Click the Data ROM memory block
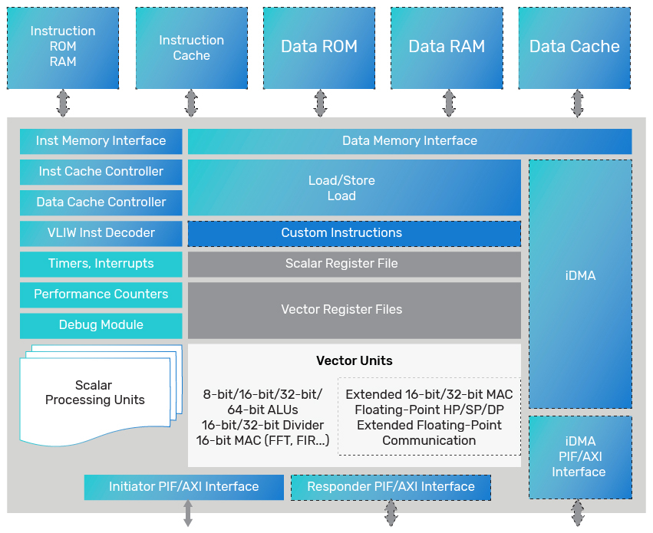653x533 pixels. [x=319, y=47]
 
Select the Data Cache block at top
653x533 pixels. [x=574, y=47]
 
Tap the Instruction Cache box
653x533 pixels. [x=191, y=48]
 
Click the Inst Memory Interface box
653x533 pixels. [x=101, y=141]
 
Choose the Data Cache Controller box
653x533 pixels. [x=101, y=202]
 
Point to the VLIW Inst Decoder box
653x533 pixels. [x=101, y=233]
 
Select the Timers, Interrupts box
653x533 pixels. [x=101, y=264]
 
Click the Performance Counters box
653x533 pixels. [x=101, y=294]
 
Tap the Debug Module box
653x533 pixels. [x=101, y=325]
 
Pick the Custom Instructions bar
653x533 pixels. [x=354, y=233]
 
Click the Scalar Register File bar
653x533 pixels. [x=354, y=264]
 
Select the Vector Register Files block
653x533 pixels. [x=354, y=310]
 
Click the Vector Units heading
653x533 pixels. [x=354, y=361]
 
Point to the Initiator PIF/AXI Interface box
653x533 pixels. [x=183, y=487]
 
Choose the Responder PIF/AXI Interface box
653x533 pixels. [x=391, y=487]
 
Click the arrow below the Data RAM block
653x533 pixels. [x=448, y=103]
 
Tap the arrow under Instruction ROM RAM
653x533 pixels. [x=63, y=103]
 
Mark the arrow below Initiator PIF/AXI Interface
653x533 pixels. [x=187, y=513]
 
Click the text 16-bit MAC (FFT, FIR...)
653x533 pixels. [x=262, y=440]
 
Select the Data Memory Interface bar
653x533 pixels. [x=409, y=141]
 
